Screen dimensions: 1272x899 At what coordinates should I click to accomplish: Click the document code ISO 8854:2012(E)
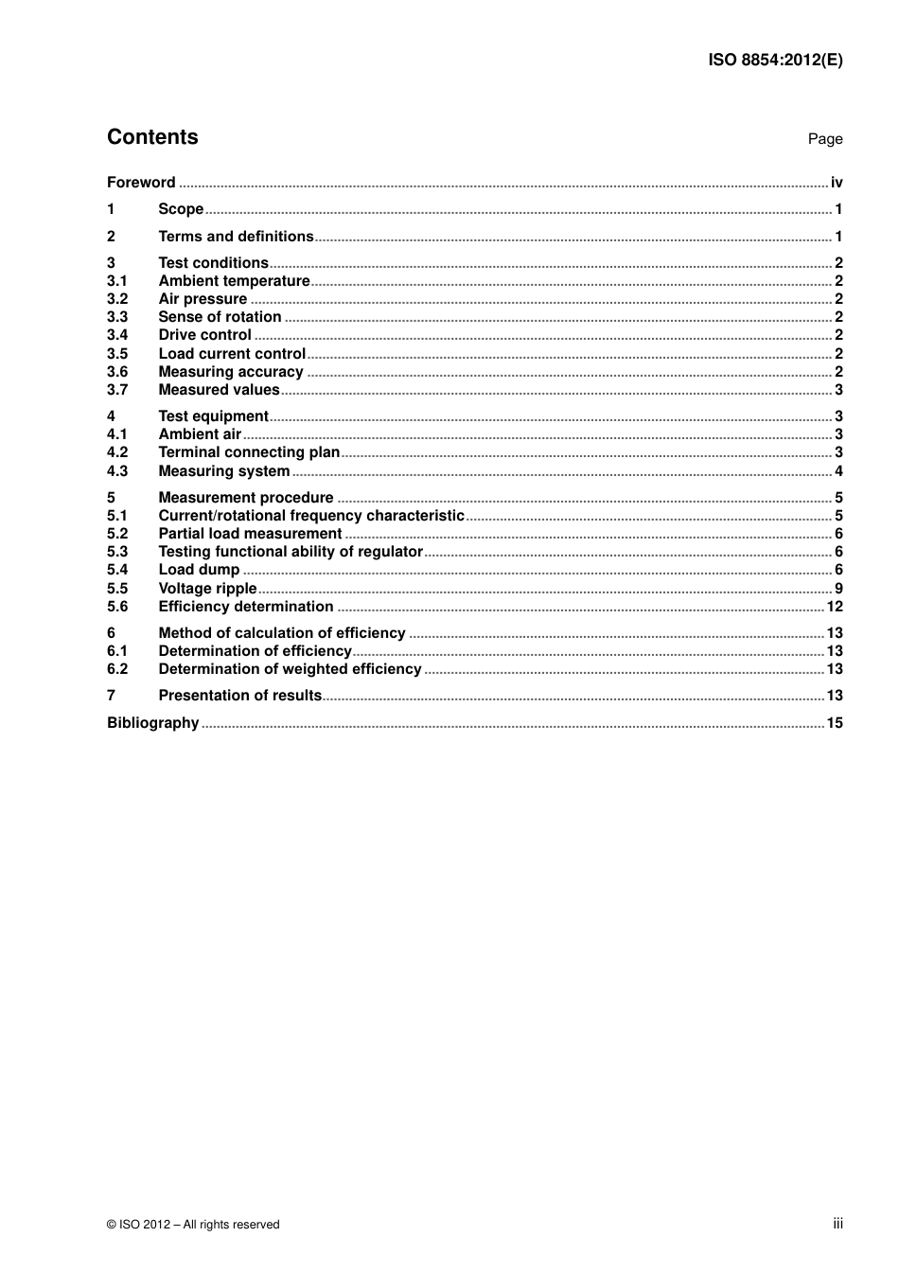(x=775, y=60)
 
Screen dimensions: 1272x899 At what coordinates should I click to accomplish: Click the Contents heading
(x=152, y=137)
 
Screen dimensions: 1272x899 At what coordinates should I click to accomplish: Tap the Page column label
(x=824, y=139)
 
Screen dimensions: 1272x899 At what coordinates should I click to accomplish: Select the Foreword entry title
(x=141, y=183)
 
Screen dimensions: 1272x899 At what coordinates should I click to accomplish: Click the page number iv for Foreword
(x=837, y=183)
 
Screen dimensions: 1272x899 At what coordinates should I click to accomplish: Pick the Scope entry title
(x=181, y=209)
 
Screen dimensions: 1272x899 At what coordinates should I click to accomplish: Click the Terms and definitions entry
(x=236, y=237)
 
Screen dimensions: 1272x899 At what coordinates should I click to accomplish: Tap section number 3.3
(x=117, y=317)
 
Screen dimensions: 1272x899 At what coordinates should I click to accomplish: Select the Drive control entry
(x=204, y=335)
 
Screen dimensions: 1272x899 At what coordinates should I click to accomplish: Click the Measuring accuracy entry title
(x=231, y=372)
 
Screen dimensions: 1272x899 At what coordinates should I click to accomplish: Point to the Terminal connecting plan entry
(x=249, y=452)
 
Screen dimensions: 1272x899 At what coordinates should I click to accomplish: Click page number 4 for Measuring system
(x=838, y=471)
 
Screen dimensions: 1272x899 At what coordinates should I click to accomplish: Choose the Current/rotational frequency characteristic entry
(x=311, y=516)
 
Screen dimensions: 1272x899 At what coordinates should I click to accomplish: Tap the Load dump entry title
(x=199, y=570)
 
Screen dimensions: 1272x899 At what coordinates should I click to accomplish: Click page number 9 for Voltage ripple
(x=838, y=589)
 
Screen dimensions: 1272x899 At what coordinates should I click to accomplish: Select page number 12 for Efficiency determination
(x=835, y=607)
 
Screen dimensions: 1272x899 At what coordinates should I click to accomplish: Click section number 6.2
(x=117, y=669)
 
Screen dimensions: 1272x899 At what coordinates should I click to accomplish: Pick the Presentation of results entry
(x=240, y=696)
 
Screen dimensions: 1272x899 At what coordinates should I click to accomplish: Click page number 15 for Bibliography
(x=835, y=723)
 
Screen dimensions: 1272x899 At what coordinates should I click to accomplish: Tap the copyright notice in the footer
(x=193, y=1225)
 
